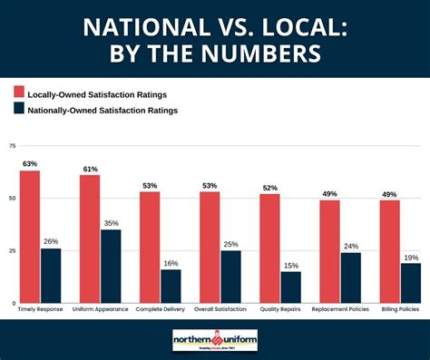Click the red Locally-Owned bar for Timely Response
(30, 236)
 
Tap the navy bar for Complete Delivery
(171, 286)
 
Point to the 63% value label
(30, 164)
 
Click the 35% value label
(111, 222)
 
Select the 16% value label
(171, 262)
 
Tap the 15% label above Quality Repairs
(290, 265)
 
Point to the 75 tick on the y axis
(12, 145)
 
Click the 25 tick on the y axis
(12, 250)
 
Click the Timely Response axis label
(41, 310)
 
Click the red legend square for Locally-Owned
(19, 92)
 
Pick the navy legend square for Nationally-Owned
(19, 111)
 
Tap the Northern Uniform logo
(215, 339)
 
